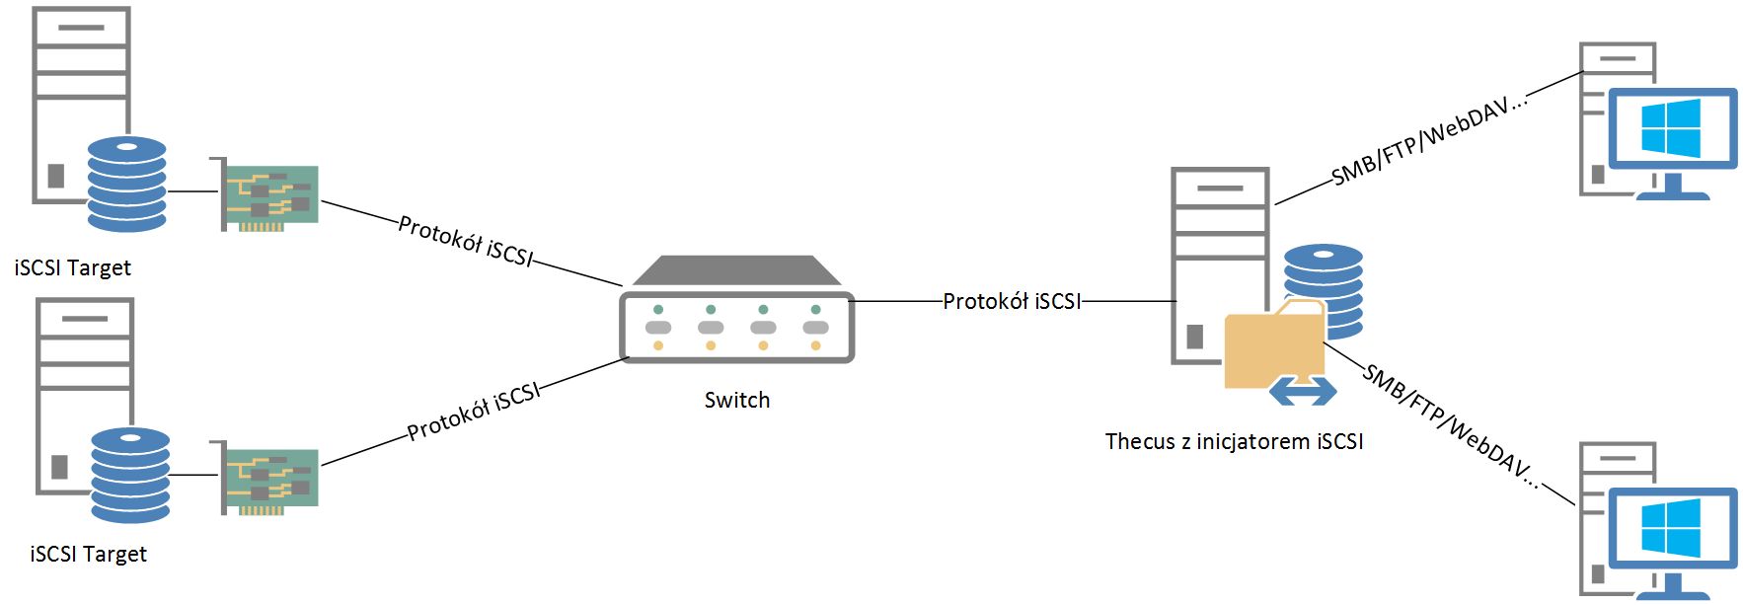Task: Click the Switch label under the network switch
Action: tap(736, 400)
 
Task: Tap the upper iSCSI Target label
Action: tap(72, 267)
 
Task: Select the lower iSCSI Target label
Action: tap(88, 554)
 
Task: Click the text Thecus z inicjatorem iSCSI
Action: tap(1234, 441)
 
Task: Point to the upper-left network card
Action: tap(264, 194)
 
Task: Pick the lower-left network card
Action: tap(264, 478)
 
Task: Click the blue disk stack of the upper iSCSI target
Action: tap(127, 184)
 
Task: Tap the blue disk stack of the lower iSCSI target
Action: tap(130, 475)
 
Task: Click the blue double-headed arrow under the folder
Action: tap(1303, 391)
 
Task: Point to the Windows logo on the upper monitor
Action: tap(1671, 128)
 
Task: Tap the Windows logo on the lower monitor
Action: tap(1671, 528)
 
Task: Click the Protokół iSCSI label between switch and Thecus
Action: tap(1012, 301)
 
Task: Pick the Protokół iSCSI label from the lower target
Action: tap(474, 411)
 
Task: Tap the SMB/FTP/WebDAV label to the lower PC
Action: tap(1451, 425)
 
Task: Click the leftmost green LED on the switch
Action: tap(658, 310)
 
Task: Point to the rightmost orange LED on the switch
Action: tap(815, 345)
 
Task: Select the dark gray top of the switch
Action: tap(736, 270)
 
